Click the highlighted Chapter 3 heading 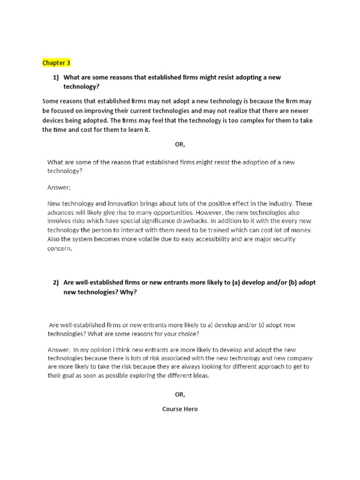point(57,63)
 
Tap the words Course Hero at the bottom point(180,409)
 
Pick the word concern point(60,248)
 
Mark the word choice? point(187,334)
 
